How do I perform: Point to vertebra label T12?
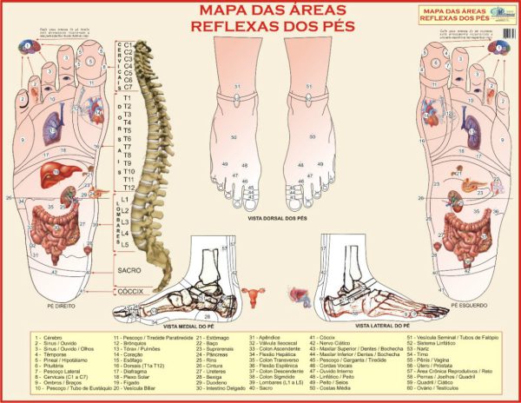(x=129, y=188)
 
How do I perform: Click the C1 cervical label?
(x=128, y=44)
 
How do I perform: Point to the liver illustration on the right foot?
(x=55, y=171)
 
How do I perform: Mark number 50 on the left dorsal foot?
(x=233, y=137)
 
